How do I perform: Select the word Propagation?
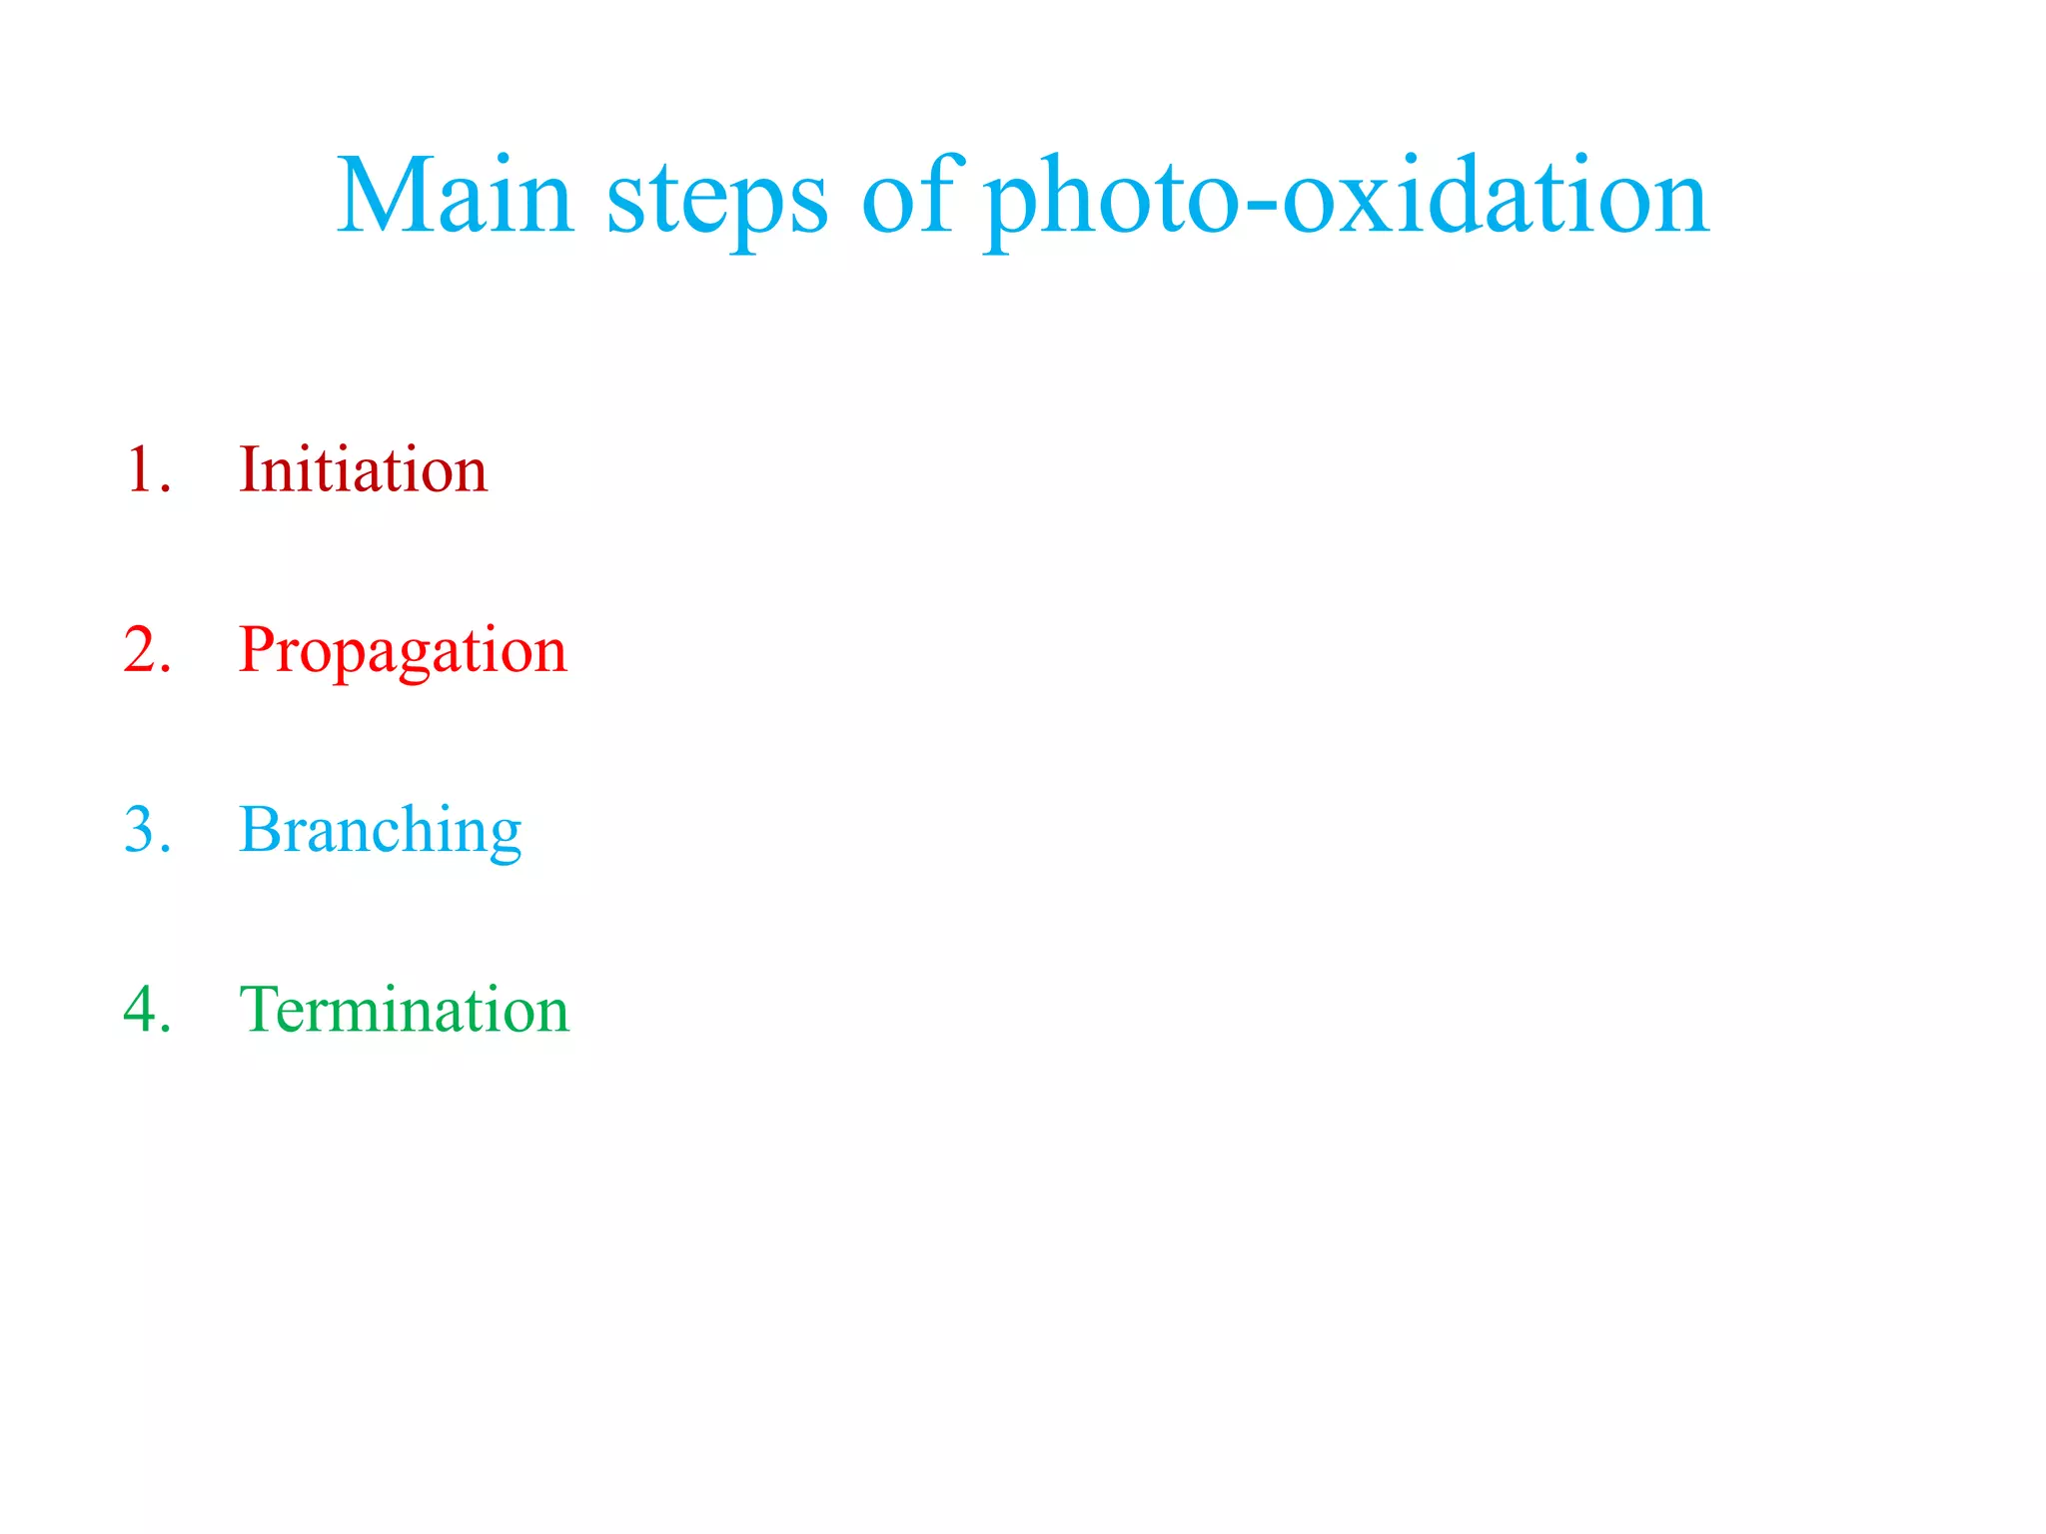(x=403, y=651)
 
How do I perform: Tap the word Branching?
(x=380, y=831)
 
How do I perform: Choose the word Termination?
(x=404, y=1010)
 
